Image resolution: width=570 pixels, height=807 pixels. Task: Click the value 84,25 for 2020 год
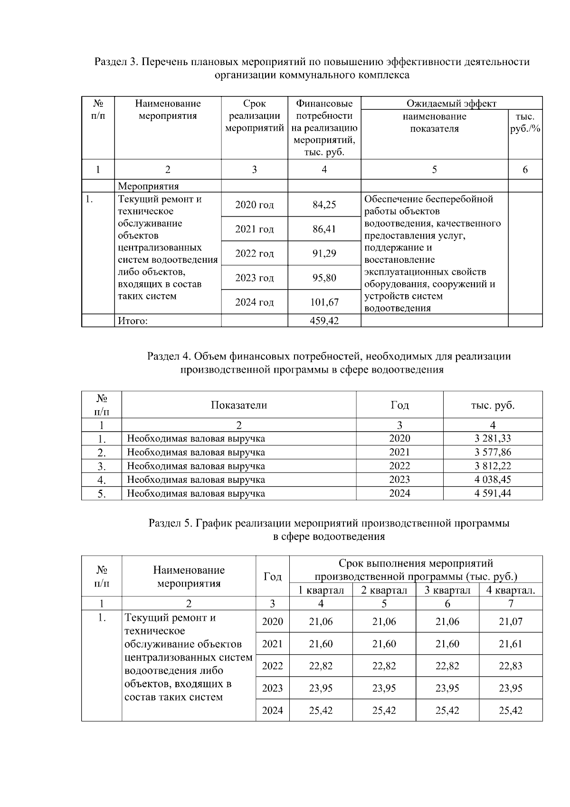[x=324, y=205]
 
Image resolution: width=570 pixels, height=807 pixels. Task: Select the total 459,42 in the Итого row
[x=324, y=321]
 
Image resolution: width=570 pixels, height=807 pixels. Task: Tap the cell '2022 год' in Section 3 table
[x=254, y=254]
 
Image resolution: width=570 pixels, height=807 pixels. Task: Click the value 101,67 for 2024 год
[x=324, y=302]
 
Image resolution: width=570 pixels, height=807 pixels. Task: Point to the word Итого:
[x=133, y=321]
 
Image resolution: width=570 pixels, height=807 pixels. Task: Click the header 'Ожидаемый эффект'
[x=451, y=104]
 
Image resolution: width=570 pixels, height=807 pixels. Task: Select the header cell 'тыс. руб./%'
[x=525, y=123]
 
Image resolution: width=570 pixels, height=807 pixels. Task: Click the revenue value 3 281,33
[x=493, y=438]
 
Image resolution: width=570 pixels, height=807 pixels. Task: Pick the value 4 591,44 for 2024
[x=493, y=493]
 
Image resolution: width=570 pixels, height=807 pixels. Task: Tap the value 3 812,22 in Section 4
[x=493, y=466]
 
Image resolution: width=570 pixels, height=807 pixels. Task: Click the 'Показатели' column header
[x=239, y=405]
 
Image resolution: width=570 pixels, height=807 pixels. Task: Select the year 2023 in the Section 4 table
[x=399, y=480]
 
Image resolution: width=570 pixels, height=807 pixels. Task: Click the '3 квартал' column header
[x=447, y=590]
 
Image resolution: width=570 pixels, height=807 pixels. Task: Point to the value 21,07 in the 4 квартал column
[x=511, y=622]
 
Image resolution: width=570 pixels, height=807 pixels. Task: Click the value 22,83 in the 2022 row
[x=511, y=666]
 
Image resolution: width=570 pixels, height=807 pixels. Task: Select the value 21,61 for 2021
[x=511, y=644]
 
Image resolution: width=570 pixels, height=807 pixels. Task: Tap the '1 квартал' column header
[x=321, y=590]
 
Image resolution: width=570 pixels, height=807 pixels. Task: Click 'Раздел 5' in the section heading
[x=169, y=524]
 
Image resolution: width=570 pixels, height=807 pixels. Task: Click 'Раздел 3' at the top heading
[x=115, y=62]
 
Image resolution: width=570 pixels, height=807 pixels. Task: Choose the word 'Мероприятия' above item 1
[x=148, y=186]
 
